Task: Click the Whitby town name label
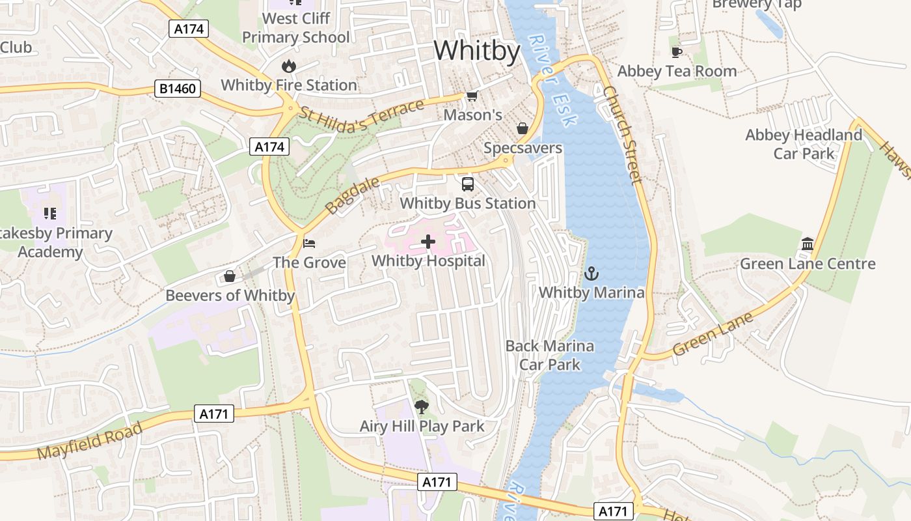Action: pos(477,51)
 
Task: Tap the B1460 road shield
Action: pos(177,89)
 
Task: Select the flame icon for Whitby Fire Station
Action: pos(289,66)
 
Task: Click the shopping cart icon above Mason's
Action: pos(472,96)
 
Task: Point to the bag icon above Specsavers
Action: pos(522,128)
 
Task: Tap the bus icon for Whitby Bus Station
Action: pos(468,184)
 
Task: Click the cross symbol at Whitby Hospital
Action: pos(428,242)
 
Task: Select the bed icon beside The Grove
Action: pos(310,244)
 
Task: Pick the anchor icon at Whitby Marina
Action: pos(591,273)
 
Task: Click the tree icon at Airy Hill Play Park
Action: pos(422,407)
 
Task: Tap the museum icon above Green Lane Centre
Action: pos(808,244)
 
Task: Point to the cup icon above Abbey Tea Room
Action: pos(677,52)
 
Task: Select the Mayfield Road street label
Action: pos(90,441)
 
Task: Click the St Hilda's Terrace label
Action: pos(362,117)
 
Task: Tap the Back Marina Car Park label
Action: pos(550,355)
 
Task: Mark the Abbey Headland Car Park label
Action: pos(804,144)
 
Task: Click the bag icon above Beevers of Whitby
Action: pos(230,276)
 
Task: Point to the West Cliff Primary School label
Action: pos(296,27)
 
